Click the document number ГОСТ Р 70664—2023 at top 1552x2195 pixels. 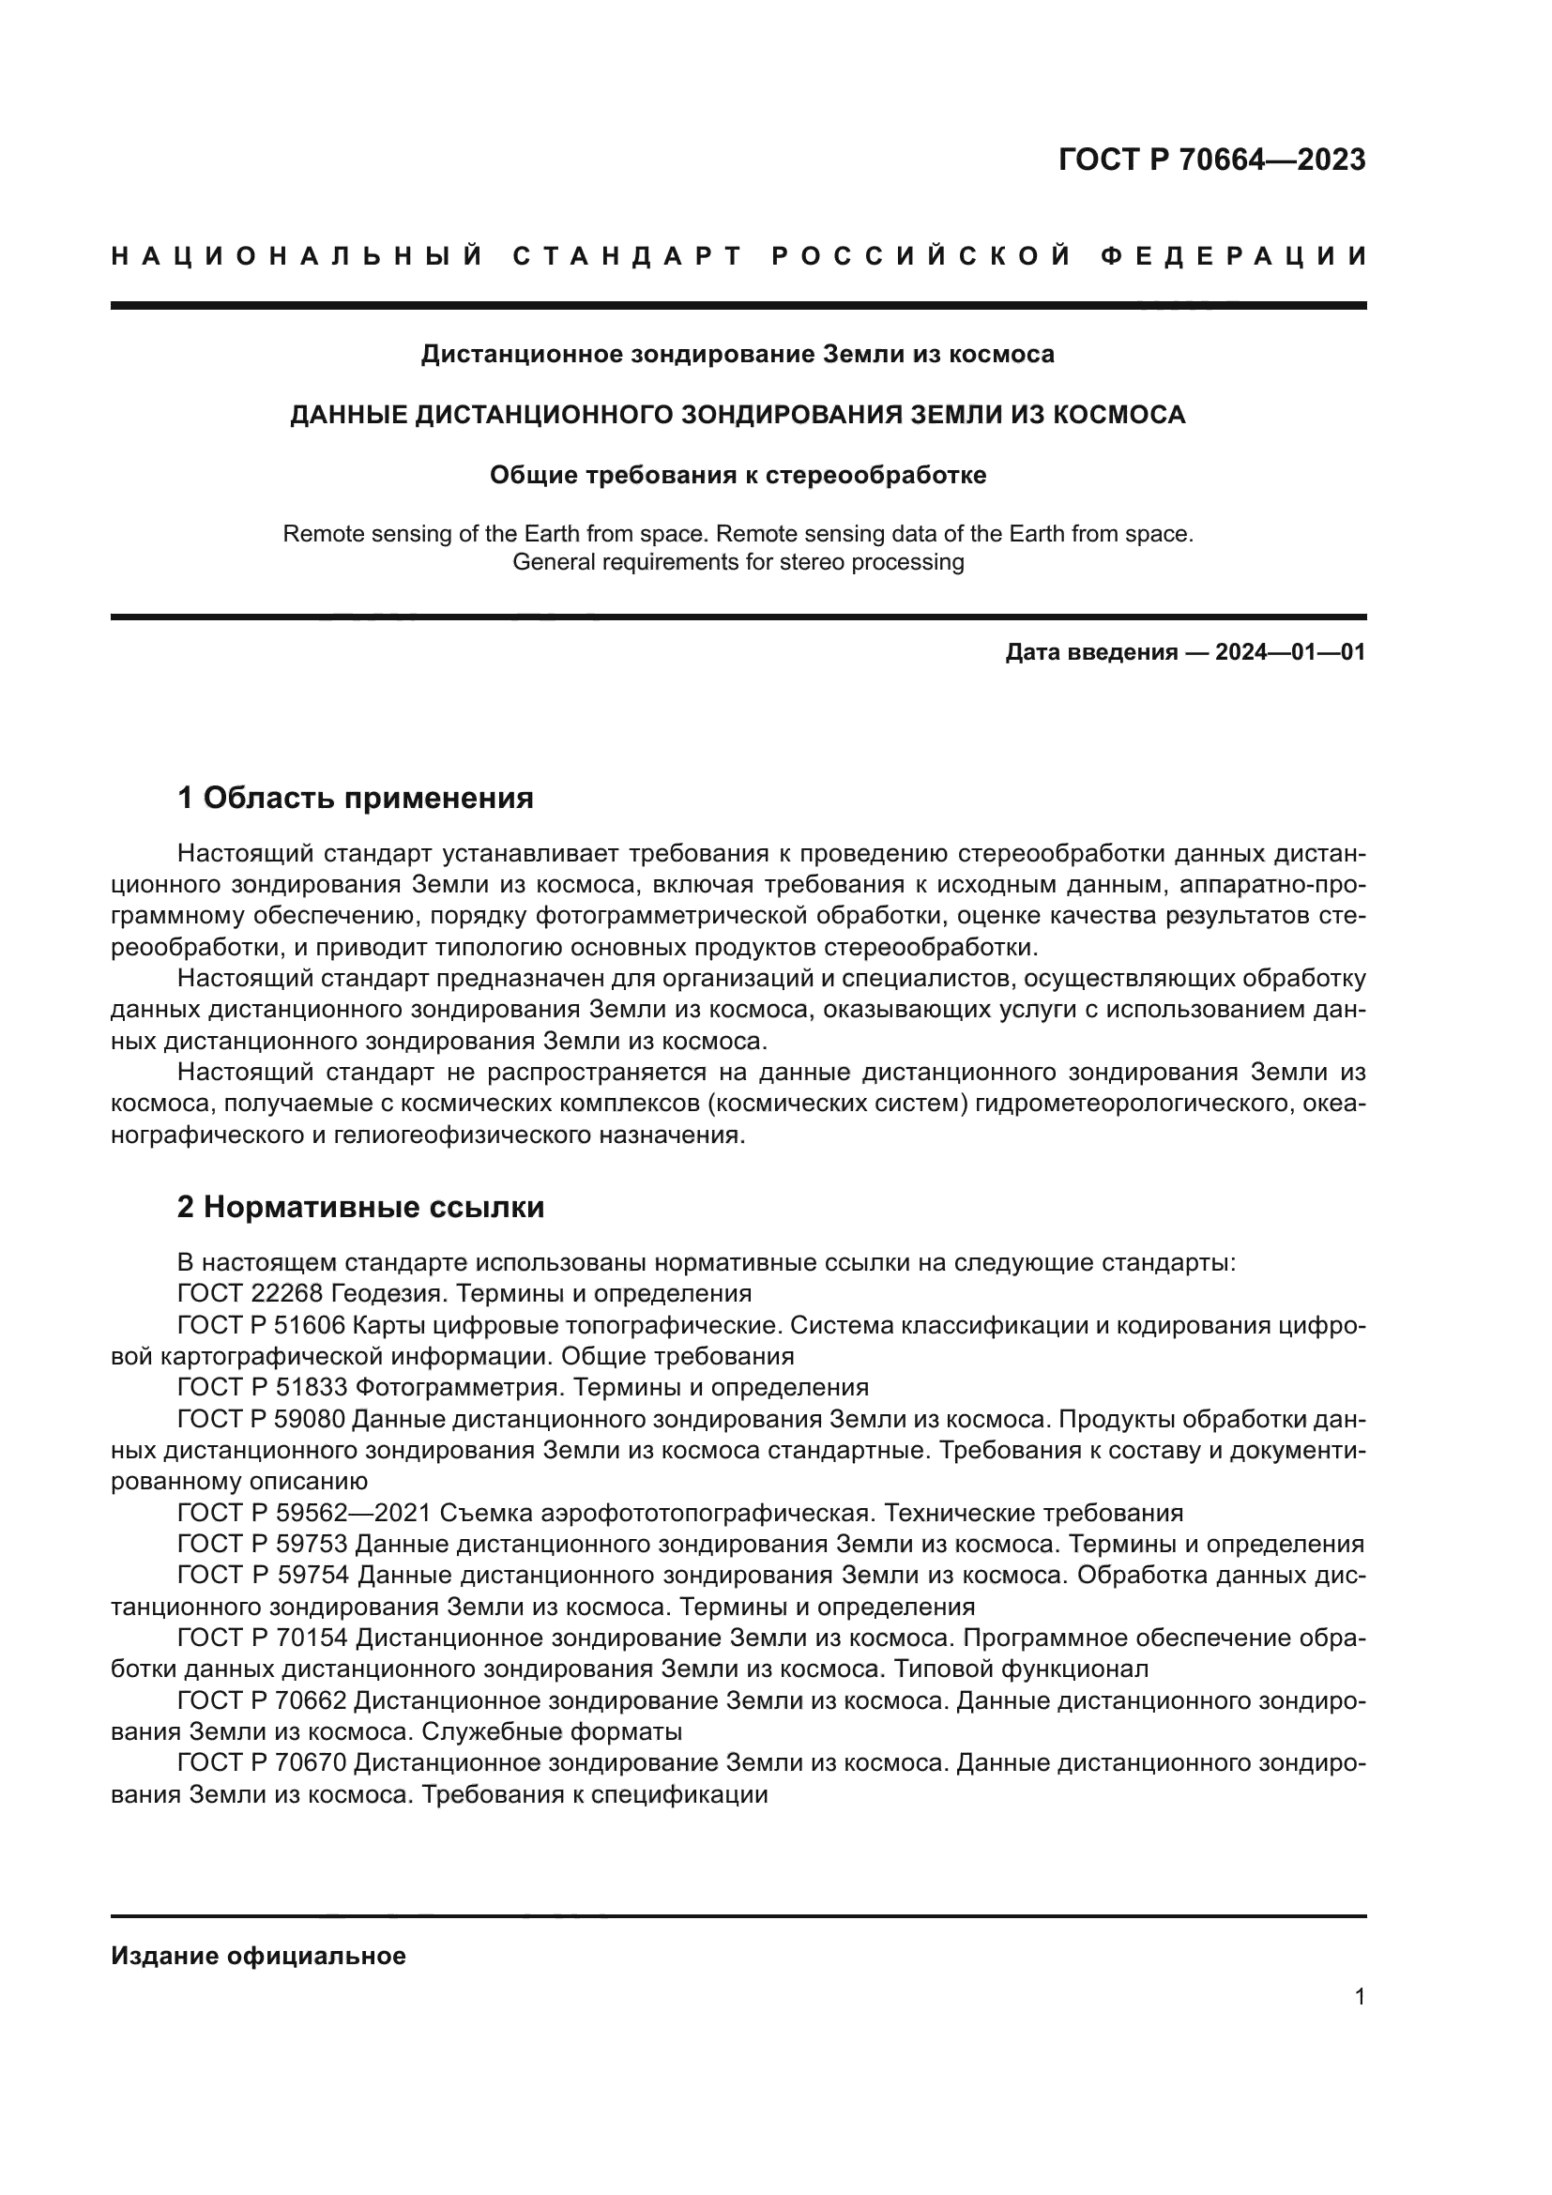[1211, 160]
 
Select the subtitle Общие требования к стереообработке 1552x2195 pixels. [738, 475]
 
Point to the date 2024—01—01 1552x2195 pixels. [1290, 653]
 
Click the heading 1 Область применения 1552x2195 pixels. [356, 798]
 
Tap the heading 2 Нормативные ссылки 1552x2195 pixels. [361, 1208]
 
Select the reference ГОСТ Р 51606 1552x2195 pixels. [262, 1326]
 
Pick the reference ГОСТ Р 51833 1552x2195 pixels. [262, 1388]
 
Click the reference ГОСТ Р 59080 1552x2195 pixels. [262, 1420]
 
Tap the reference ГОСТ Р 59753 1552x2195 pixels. [262, 1545]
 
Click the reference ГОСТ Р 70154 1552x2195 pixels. [262, 1639]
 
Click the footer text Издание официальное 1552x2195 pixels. [259, 1956]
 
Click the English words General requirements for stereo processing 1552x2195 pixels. [738, 562]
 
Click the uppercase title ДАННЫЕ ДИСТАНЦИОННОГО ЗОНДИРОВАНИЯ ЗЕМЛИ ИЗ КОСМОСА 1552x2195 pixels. [738, 415]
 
